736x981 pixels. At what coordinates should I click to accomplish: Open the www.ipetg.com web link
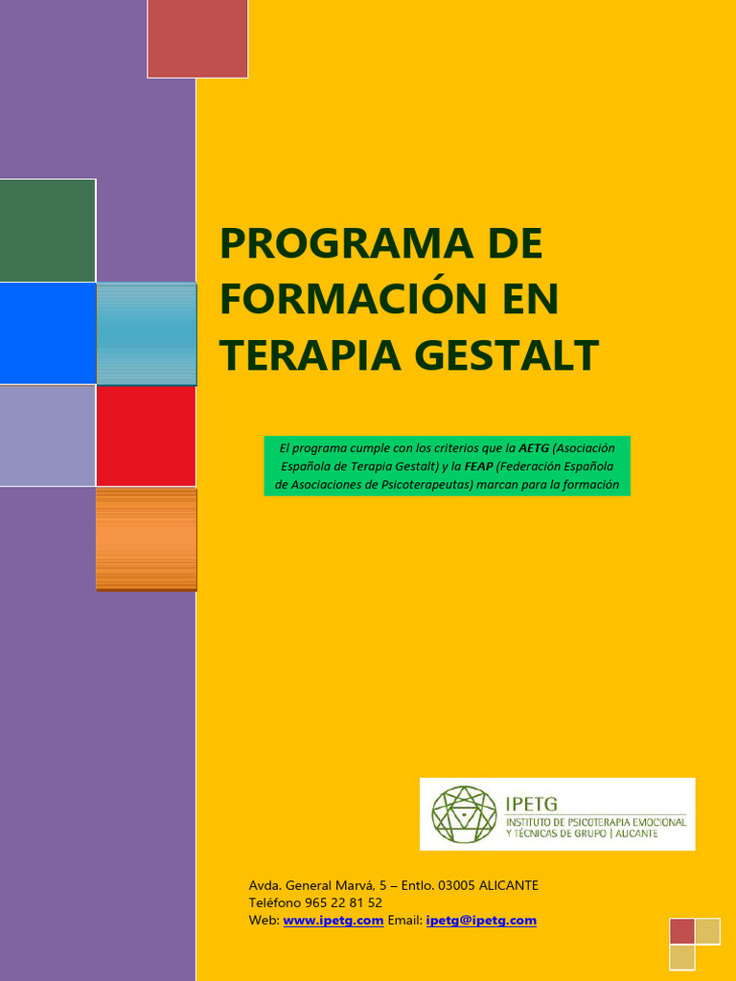click(x=333, y=921)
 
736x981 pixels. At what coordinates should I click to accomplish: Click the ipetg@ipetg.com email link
click(x=481, y=921)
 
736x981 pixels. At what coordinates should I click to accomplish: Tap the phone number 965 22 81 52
click(x=342, y=902)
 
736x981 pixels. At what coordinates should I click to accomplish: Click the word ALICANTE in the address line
click(x=509, y=885)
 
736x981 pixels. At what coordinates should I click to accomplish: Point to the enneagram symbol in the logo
click(x=465, y=814)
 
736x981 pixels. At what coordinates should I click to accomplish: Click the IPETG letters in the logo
click(x=531, y=803)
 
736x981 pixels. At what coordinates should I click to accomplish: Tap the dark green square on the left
click(x=48, y=230)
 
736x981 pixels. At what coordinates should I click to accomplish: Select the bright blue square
click(x=48, y=333)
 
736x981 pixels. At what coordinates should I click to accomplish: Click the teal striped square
click(x=147, y=333)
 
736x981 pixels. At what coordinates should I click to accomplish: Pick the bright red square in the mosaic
click(x=146, y=436)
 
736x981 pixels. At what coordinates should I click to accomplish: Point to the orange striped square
click(x=147, y=538)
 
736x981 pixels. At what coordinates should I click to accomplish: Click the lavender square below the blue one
click(x=48, y=436)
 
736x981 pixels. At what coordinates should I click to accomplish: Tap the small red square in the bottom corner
click(x=682, y=931)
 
